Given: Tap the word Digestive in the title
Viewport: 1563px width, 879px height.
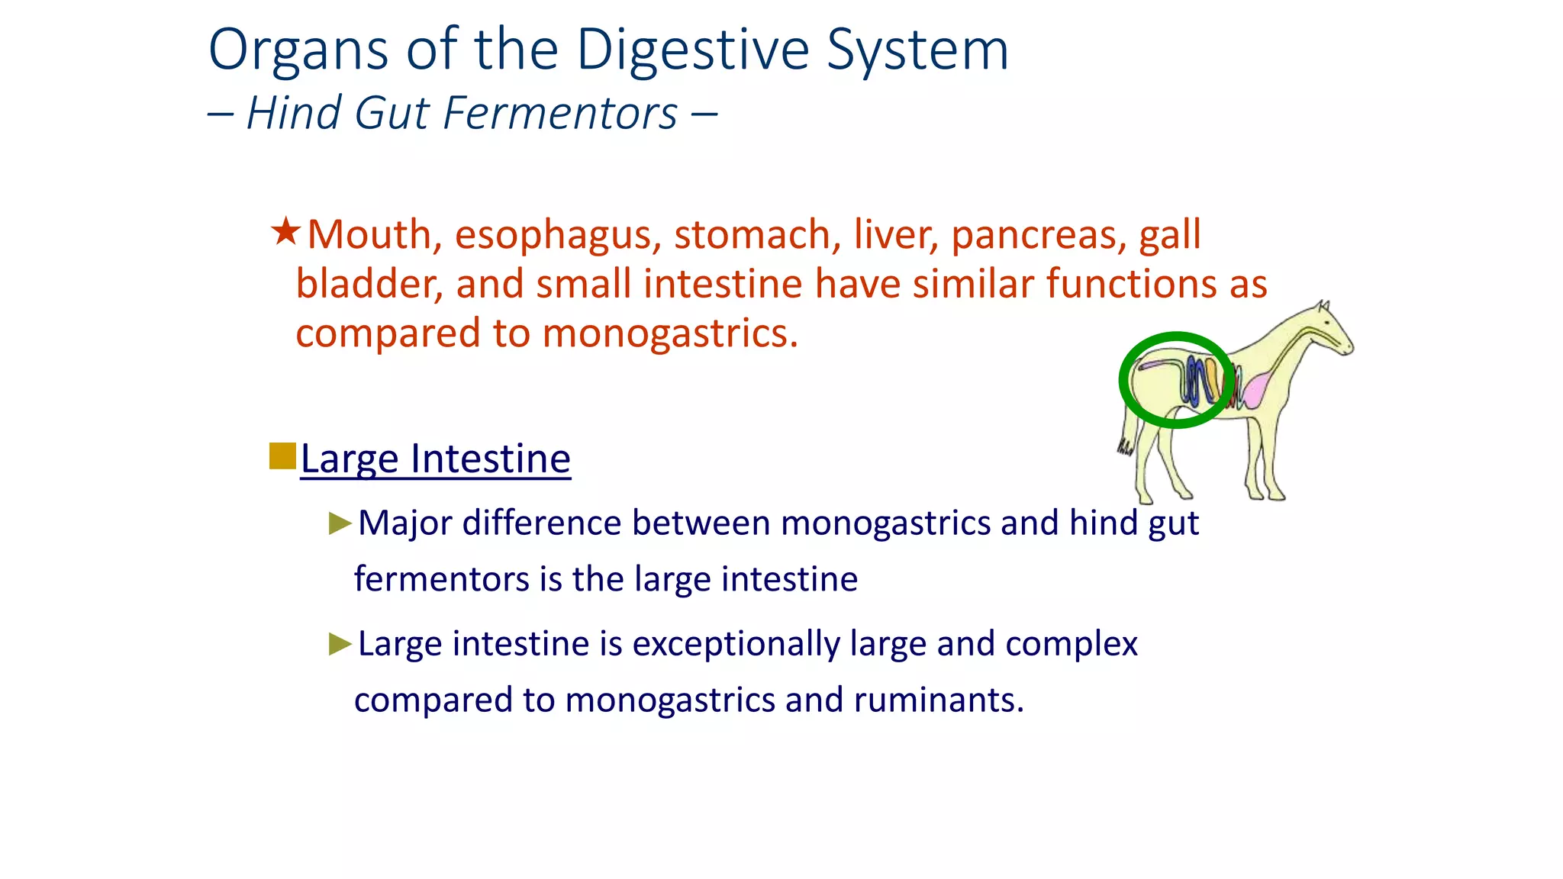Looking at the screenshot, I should pos(692,50).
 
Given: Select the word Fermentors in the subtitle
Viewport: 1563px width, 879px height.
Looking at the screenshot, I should pos(560,113).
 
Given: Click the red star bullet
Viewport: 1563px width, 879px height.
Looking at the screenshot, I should pos(285,231).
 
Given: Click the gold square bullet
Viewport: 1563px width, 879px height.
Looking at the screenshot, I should pos(282,456).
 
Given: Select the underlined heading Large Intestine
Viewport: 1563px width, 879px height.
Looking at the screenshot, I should pos(435,459).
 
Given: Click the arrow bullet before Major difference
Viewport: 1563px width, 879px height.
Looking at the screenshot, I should pos(340,523).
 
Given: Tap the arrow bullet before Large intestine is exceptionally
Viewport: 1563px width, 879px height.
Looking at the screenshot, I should pos(340,644).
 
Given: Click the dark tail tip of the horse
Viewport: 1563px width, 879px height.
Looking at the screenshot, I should pos(1125,448).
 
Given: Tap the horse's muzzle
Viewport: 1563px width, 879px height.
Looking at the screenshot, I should pos(1347,348).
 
